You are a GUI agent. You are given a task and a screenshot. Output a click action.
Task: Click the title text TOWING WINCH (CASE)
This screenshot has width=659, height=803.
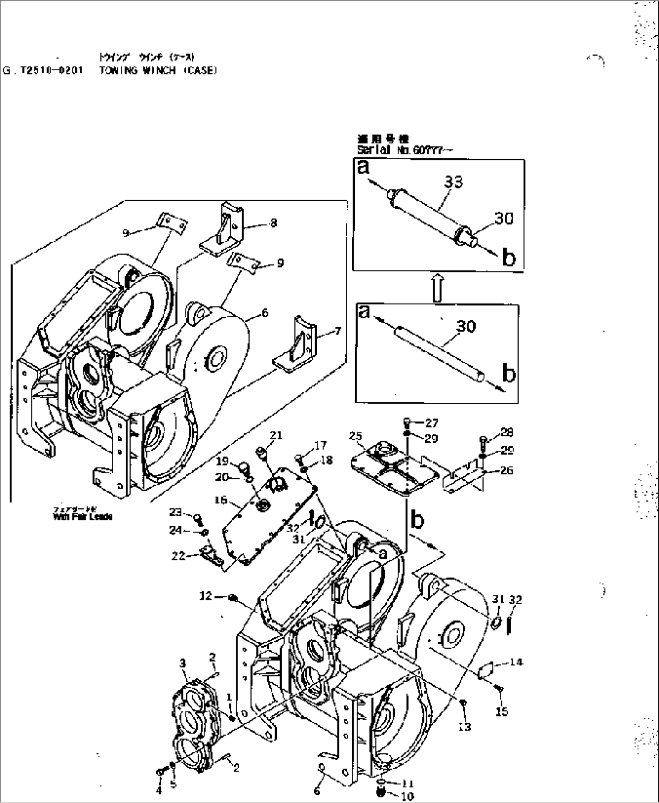pyautogui.click(x=155, y=70)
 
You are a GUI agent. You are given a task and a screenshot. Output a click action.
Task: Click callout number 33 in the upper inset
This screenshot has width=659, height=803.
pyautogui.click(x=453, y=182)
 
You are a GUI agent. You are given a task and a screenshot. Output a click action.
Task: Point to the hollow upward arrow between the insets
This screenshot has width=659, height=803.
pyautogui.click(x=439, y=287)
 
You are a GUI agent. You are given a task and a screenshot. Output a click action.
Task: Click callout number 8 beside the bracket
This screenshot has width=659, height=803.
pyautogui.click(x=273, y=223)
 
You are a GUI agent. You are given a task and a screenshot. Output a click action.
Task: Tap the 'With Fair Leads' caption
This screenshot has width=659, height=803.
pyautogui.click(x=82, y=517)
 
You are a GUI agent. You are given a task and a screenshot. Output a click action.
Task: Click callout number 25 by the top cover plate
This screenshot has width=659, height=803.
pyautogui.click(x=355, y=436)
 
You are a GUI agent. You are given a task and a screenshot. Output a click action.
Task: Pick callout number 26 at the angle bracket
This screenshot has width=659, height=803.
pyautogui.click(x=507, y=470)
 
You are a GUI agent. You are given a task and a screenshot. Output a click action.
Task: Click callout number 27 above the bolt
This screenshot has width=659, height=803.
pyautogui.click(x=431, y=423)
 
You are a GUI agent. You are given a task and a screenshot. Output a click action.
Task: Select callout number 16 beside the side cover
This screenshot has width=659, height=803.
pyautogui.click(x=221, y=500)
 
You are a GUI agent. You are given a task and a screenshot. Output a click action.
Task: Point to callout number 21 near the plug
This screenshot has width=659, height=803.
pyautogui.click(x=276, y=435)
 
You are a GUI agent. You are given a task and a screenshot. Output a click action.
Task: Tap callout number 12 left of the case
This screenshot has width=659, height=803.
pyautogui.click(x=206, y=596)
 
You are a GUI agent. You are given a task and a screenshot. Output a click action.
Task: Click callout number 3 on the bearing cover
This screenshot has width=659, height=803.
pyautogui.click(x=183, y=664)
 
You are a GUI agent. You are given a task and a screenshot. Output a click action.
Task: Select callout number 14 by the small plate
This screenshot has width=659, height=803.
pyautogui.click(x=516, y=662)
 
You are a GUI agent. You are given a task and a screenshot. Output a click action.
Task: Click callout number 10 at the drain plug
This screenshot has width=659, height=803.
pyautogui.click(x=407, y=796)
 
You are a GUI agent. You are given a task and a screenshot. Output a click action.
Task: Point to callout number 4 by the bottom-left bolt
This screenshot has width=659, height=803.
pyautogui.click(x=160, y=790)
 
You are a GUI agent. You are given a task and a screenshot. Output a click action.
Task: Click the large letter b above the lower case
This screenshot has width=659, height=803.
pyautogui.click(x=418, y=519)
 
